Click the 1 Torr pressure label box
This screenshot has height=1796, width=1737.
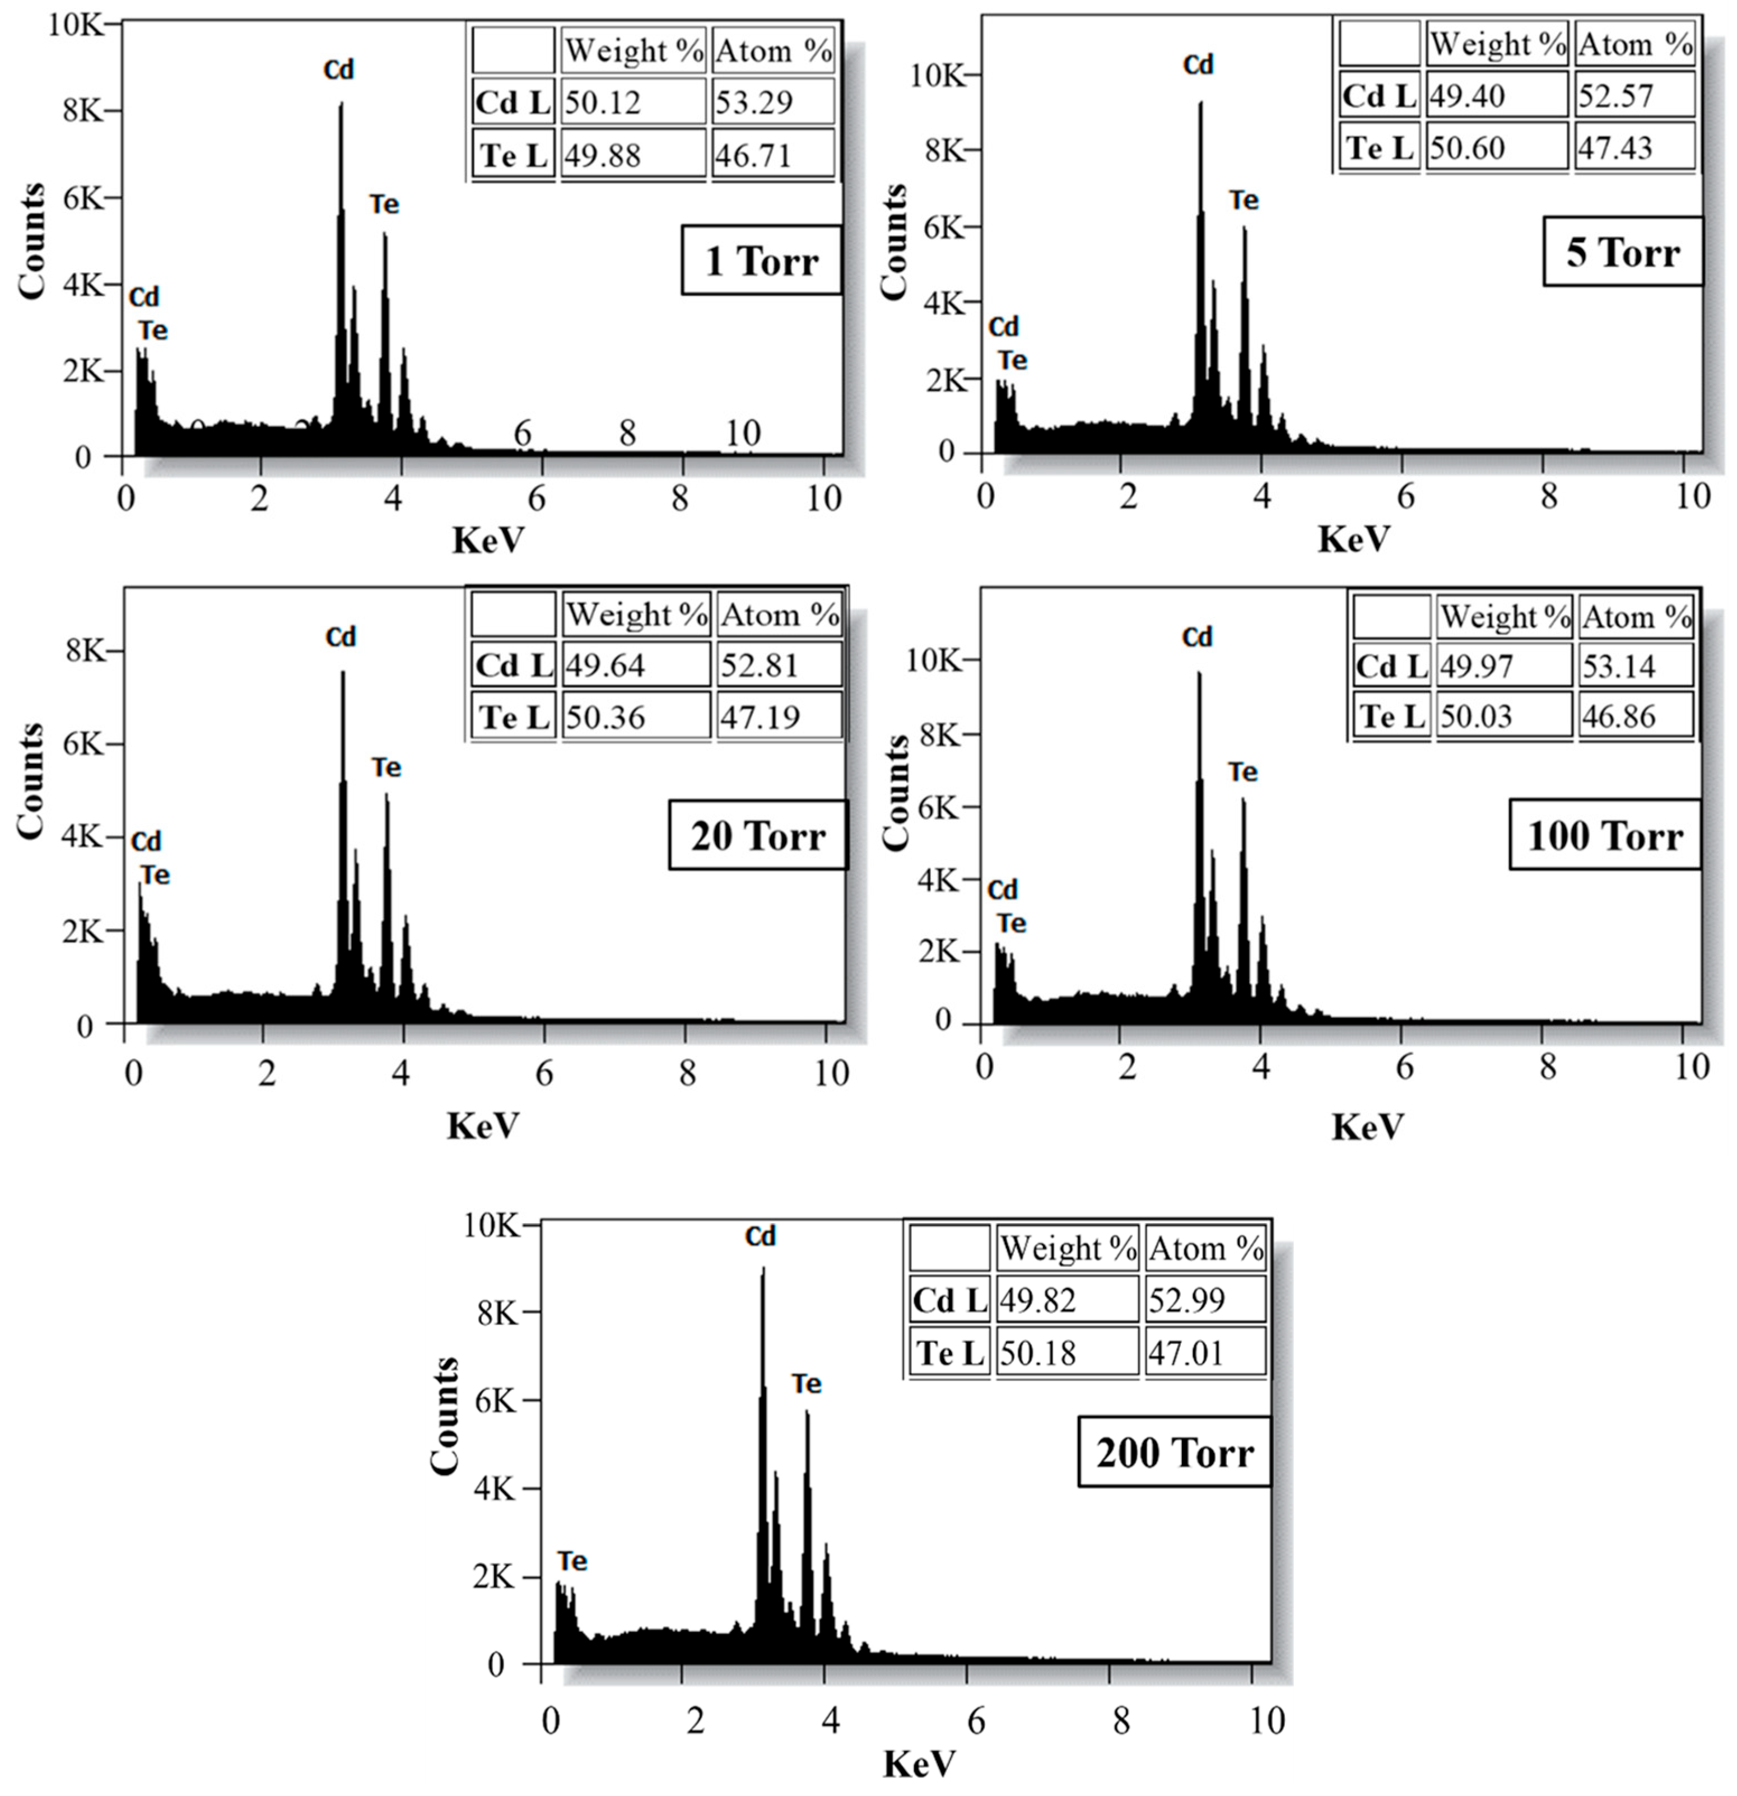tap(761, 261)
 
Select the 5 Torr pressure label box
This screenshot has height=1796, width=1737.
tap(1623, 252)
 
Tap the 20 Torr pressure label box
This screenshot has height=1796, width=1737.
tap(758, 835)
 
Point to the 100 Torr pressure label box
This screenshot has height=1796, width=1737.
tap(1605, 835)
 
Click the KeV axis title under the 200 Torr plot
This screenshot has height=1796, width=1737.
tap(919, 1763)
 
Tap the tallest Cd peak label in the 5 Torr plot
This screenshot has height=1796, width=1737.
tap(1198, 65)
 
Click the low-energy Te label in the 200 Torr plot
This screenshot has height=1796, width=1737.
tap(572, 1561)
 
